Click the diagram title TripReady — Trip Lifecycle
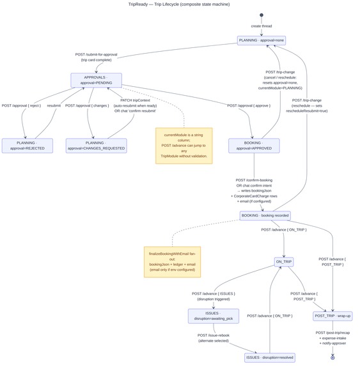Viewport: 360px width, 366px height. tap(180, 4)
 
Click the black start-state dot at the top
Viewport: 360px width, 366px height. tap(261, 15)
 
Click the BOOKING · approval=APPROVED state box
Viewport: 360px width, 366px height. tap(254, 146)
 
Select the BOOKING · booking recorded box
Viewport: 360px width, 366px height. tap(265, 215)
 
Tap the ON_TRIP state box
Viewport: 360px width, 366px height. tap(283, 262)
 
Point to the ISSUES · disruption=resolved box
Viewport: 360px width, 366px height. tap(270, 357)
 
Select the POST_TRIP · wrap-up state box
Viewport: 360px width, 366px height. tap(333, 316)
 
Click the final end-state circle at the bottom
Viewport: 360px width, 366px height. tap(333, 357)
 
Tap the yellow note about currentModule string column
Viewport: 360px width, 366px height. tap(184, 146)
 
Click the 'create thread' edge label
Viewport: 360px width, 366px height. tap(261, 26)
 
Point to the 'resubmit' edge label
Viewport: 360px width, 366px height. tap(54, 105)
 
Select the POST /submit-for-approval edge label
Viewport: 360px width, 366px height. tap(97, 57)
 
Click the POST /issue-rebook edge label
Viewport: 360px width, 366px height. tap(214, 337)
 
